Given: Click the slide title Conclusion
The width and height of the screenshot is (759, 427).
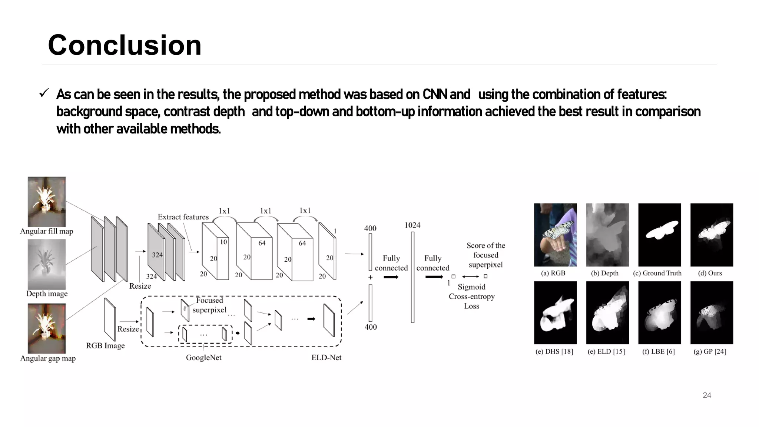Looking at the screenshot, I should (x=125, y=45).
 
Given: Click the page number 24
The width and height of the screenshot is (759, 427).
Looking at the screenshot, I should (x=707, y=395).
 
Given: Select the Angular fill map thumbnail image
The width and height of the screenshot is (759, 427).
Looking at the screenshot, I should (x=47, y=201).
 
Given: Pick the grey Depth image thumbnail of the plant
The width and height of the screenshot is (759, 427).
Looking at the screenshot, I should (x=47, y=264).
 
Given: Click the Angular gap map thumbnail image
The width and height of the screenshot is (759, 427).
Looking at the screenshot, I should (x=47, y=328).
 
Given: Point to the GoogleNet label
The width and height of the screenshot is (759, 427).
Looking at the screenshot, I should (x=203, y=358).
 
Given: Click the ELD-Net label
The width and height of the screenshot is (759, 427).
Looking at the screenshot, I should (x=326, y=358).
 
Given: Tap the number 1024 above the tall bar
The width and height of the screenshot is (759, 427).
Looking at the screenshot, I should (x=412, y=225).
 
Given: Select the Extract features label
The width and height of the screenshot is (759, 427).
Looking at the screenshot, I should (x=183, y=217).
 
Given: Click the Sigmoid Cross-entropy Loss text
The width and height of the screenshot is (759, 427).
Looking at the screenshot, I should (x=471, y=296).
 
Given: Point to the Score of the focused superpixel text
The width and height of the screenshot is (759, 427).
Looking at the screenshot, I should (x=485, y=255).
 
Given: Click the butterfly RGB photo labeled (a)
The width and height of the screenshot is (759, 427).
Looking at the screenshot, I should (x=555, y=235).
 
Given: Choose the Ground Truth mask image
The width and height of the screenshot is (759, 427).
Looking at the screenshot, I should (x=659, y=235).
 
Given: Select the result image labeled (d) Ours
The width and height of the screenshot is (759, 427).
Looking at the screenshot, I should (x=712, y=235).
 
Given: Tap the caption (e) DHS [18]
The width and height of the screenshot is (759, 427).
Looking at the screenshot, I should (x=554, y=351).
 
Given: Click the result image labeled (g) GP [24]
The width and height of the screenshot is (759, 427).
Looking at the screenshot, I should (x=712, y=312).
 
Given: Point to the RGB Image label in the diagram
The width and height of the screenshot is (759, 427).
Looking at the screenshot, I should (x=105, y=346).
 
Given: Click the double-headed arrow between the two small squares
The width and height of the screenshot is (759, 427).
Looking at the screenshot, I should (x=470, y=277).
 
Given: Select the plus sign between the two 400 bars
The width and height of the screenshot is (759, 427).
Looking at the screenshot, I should (x=370, y=277).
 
